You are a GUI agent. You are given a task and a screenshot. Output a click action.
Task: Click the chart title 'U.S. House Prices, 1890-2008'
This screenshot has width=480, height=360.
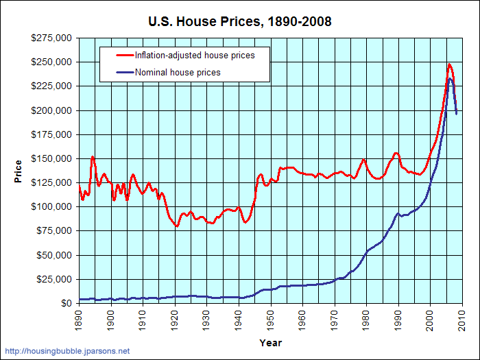[239, 22]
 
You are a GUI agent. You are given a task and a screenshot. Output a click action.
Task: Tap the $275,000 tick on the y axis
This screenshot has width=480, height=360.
[53, 38]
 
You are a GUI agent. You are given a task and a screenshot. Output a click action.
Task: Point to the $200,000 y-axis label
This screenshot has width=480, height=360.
[53, 110]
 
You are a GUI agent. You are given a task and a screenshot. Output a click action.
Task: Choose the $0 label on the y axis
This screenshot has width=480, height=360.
[67, 303]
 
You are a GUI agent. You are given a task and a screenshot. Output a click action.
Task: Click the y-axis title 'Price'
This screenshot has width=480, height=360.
[19, 171]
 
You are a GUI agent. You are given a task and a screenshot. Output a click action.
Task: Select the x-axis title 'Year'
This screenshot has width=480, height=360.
[270, 342]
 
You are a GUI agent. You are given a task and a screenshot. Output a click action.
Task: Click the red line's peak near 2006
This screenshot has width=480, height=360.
[449, 64]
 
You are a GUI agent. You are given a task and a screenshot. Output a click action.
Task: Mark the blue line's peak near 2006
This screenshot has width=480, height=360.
[450, 79]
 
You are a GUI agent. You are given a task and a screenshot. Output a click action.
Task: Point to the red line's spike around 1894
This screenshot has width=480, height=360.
[93, 157]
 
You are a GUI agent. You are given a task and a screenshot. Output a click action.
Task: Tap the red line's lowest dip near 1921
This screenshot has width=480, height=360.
[177, 226]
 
